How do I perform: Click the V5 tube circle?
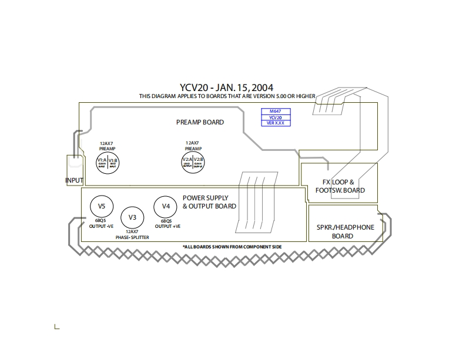(x=101, y=206)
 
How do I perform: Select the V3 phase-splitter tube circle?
(x=132, y=218)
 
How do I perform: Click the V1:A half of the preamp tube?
(x=102, y=161)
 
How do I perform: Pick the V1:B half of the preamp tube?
(x=113, y=161)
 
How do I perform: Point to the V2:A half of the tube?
(x=187, y=161)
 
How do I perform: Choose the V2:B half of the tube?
(x=199, y=161)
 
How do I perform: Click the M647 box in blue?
(x=276, y=112)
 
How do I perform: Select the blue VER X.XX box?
(x=276, y=124)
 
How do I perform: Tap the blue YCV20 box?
(x=276, y=117)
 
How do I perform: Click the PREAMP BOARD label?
(x=200, y=122)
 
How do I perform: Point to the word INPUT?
(x=74, y=180)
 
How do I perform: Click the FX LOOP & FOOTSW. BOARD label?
(x=340, y=186)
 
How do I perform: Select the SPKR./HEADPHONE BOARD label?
(x=343, y=231)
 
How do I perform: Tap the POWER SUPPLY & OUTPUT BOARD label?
(x=209, y=202)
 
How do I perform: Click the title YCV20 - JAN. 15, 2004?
(x=226, y=88)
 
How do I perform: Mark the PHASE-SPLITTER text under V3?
(x=132, y=237)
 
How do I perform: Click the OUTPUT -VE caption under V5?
(x=102, y=226)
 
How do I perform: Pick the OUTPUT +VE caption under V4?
(x=167, y=226)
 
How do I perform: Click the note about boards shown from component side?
(x=232, y=247)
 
